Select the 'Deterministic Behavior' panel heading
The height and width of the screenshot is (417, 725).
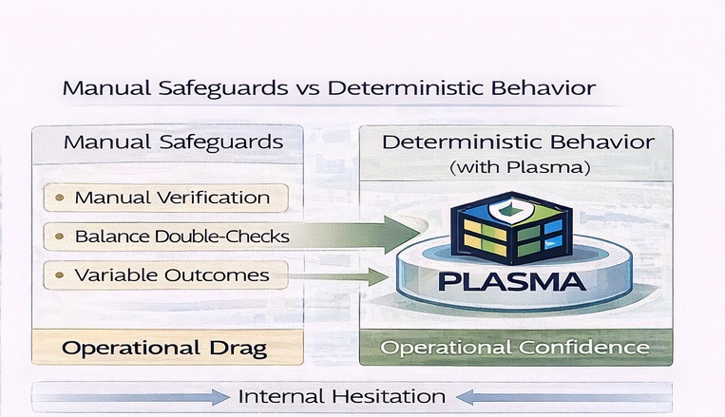tap(517, 142)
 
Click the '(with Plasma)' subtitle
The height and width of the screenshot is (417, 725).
tap(518, 168)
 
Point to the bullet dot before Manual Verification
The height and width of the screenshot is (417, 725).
tap(60, 199)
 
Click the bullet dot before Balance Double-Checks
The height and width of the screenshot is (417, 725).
tap(60, 236)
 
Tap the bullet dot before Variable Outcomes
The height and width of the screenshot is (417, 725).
tap(60, 276)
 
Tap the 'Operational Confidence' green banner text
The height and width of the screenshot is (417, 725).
tap(515, 348)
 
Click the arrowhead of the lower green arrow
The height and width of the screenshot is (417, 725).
tap(380, 276)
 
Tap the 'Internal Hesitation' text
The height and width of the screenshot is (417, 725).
tap(341, 396)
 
